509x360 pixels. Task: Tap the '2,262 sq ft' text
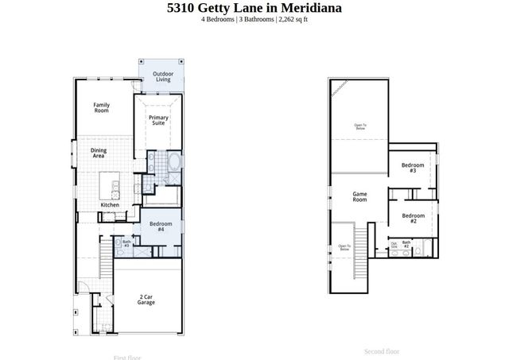pos(291,19)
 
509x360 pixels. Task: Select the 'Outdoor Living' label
pos(162,77)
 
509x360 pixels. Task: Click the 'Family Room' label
pos(101,107)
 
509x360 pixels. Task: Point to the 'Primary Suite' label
pos(158,120)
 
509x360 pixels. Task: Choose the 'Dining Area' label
pos(98,153)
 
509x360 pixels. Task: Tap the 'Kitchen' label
pos(110,205)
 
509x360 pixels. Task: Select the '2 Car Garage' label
pos(146,300)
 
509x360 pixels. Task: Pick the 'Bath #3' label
pos(126,244)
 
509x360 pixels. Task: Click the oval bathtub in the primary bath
pos(174,165)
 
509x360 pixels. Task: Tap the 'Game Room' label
pos(359,197)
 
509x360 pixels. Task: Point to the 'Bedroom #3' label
pos(413,168)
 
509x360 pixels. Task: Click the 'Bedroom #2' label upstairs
pos(413,219)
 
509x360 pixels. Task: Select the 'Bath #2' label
pos(406,245)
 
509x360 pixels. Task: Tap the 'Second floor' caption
pos(382,351)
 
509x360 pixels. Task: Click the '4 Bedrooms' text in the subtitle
pos(218,19)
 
